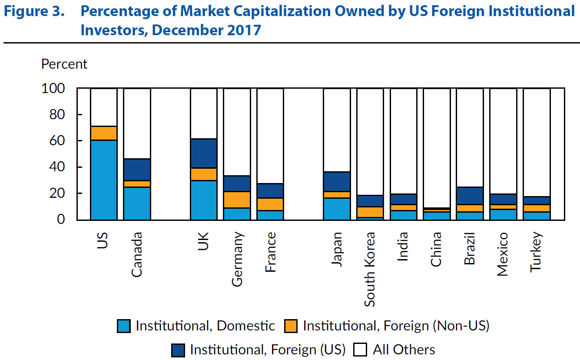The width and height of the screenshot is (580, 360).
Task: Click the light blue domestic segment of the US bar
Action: tap(103, 180)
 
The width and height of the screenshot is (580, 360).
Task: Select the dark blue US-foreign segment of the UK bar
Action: tap(203, 153)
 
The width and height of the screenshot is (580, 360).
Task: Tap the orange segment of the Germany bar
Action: tap(237, 200)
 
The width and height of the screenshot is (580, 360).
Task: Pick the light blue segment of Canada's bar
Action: tap(137, 203)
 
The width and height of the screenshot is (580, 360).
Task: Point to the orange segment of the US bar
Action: tap(103, 133)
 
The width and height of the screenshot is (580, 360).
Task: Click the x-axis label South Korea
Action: tap(370, 270)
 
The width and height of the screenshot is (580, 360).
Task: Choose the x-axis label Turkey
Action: tap(536, 253)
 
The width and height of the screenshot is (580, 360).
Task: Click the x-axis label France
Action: tap(270, 252)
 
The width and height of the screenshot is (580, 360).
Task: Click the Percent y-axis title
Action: tap(64, 64)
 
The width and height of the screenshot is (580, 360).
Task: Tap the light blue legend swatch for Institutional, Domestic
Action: tap(124, 326)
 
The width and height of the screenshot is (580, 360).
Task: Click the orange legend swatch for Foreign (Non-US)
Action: tap(291, 326)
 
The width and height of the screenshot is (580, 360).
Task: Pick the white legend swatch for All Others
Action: tap(361, 350)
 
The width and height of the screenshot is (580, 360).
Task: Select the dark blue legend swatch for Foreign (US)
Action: tap(178, 350)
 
